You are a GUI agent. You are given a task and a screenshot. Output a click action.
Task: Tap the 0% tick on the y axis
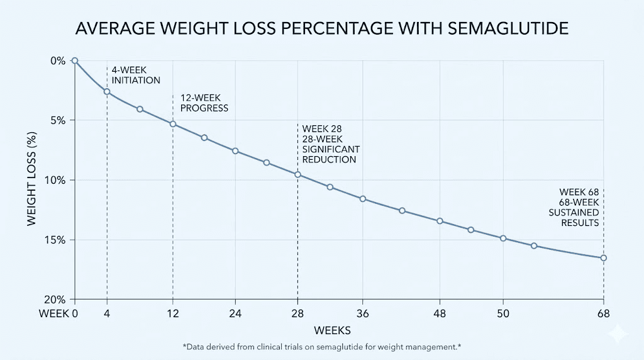pyautogui.click(x=58, y=60)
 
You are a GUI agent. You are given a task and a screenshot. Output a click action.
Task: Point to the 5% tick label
pyautogui.click(x=58, y=120)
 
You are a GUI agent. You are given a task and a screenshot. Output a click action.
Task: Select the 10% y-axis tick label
pyautogui.click(x=56, y=180)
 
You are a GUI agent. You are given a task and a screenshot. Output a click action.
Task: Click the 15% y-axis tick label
pyautogui.click(x=56, y=240)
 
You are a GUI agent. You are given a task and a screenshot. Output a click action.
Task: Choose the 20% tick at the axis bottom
pyautogui.click(x=56, y=300)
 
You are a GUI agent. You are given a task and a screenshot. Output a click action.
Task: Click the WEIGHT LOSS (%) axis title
pyautogui.click(x=31, y=180)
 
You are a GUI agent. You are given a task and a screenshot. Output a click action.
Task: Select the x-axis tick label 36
pyautogui.click(x=362, y=313)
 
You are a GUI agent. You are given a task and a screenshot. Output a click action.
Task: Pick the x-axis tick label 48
pyautogui.click(x=440, y=313)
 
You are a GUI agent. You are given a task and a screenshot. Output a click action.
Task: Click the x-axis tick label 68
pyautogui.click(x=603, y=313)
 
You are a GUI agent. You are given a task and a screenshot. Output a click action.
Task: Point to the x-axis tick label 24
pyautogui.click(x=235, y=313)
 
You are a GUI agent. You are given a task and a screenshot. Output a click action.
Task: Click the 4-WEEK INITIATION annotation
pyautogui.click(x=136, y=76)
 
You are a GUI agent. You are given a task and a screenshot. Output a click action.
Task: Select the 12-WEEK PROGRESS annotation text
pyautogui.click(x=204, y=103)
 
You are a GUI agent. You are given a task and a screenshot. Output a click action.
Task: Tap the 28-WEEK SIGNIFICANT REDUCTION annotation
pyautogui.click(x=331, y=144)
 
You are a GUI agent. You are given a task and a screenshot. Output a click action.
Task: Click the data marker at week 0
pyautogui.click(x=75, y=60)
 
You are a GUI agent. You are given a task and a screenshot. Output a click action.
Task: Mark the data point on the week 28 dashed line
pyautogui.click(x=298, y=174)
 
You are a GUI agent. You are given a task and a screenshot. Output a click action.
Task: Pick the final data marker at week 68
pyautogui.click(x=603, y=257)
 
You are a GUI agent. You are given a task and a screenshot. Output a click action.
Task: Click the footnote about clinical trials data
pyautogui.click(x=321, y=347)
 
